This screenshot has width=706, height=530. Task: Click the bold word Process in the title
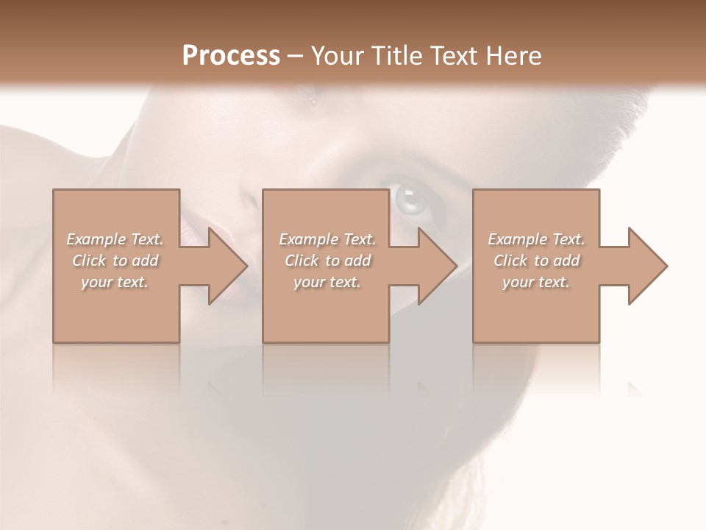(231, 56)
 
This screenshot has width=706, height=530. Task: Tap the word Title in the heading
(395, 56)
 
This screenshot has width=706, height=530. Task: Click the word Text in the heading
(454, 56)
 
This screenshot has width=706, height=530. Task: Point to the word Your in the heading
(338, 56)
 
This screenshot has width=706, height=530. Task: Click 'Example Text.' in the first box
(115, 239)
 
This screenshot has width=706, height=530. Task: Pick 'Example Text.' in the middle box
(327, 239)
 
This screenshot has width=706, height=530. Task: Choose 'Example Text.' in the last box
(536, 239)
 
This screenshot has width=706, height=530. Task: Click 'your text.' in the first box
(115, 282)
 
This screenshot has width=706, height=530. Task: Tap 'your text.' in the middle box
(327, 282)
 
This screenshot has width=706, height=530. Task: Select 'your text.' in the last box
(536, 282)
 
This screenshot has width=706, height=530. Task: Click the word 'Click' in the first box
(89, 261)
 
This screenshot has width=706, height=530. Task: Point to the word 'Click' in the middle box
(302, 261)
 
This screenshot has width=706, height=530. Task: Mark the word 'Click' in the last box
(510, 261)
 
